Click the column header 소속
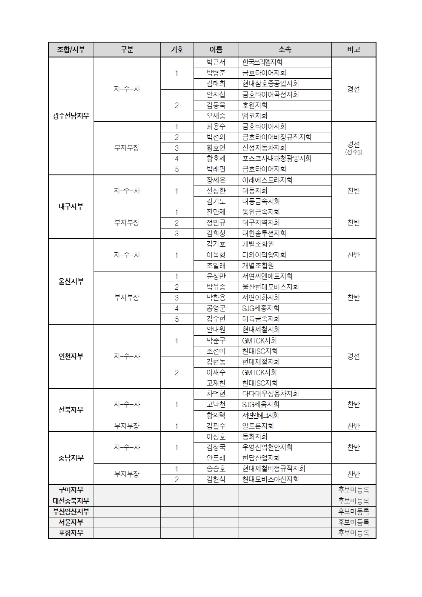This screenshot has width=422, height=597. tap(285, 50)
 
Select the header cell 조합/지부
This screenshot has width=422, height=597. tap(71, 50)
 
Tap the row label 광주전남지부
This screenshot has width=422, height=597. tap(71, 116)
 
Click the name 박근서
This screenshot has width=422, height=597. tap(216, 62)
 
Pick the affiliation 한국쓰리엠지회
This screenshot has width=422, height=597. tap(262, 62)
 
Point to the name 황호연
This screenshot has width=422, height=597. tap(216, 148)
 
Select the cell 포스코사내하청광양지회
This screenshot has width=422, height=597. tap(277, 158)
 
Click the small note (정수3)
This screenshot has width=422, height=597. tap(354, 152)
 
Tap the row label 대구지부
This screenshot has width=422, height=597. tap(71, 207)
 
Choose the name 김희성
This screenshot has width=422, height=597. tap(216, 233)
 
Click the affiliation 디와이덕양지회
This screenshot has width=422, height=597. tap(264, 255)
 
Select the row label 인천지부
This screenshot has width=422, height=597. tap(71, 356)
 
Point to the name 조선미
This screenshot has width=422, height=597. tap(216, 351)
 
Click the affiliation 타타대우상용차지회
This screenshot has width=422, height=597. tap(270, 394)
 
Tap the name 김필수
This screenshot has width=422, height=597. tap(216, 426)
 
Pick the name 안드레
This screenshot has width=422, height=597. tap(216, 458)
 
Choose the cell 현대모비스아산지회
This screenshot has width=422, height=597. tap(271, 479)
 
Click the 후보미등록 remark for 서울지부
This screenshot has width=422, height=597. tap(354, 522)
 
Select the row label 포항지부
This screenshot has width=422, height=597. tap(71, 533)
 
